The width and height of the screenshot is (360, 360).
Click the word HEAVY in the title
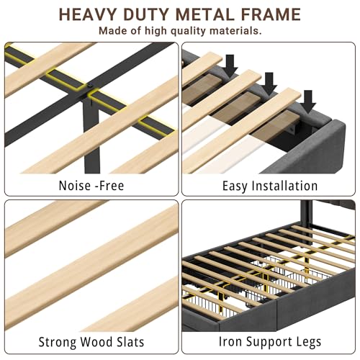pyautogui.click(x=88, y=14)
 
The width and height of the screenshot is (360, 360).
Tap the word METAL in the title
pyautogui.click(x=205, y=14)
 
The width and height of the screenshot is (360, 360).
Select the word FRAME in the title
pyautogui.click(x=271, y=14)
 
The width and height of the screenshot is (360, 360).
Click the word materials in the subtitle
pyautogui.click(x=235, y=31)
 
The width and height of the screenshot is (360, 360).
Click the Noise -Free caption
pyautogui.click(x=91, y=186)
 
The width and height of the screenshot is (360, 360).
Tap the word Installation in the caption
pyautogui.click(x=285, y=186)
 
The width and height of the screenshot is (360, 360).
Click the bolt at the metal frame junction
pyautogui.click(x=90, y=86)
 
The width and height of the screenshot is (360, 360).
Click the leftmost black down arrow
pyautogui.click(x=230, y=66)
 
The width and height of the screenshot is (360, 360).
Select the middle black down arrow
pyautogui.click(x=269, y=84)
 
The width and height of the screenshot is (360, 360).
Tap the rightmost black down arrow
pyautogui.click(x=308, y=102)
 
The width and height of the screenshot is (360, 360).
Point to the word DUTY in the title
pyautogui.click(x=146, y=14)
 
